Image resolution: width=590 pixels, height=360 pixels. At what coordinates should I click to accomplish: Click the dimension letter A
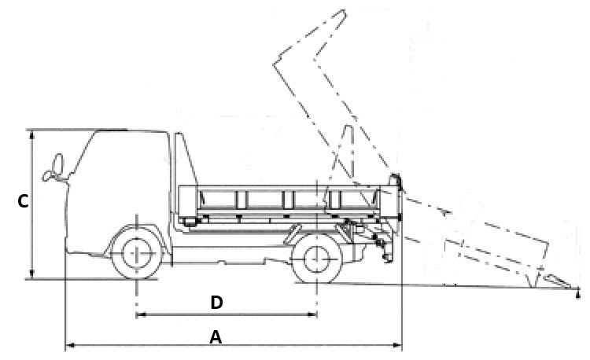coord(216,336)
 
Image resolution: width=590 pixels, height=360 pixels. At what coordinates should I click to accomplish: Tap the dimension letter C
coord(23,202)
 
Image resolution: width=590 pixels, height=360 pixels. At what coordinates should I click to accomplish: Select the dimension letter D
coord(216,303)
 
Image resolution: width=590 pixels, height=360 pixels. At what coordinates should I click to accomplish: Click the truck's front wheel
coord(137,254)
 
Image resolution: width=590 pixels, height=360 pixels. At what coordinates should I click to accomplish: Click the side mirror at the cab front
coord(55,167)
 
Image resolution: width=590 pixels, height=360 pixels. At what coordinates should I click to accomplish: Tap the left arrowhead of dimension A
coord(68,344)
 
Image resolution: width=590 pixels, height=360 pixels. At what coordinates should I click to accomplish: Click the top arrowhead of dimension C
coord(32,134)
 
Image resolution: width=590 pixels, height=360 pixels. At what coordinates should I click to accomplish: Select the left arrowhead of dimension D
coord(141,315)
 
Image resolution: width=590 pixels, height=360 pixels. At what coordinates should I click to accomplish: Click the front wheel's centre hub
coord(137,254)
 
